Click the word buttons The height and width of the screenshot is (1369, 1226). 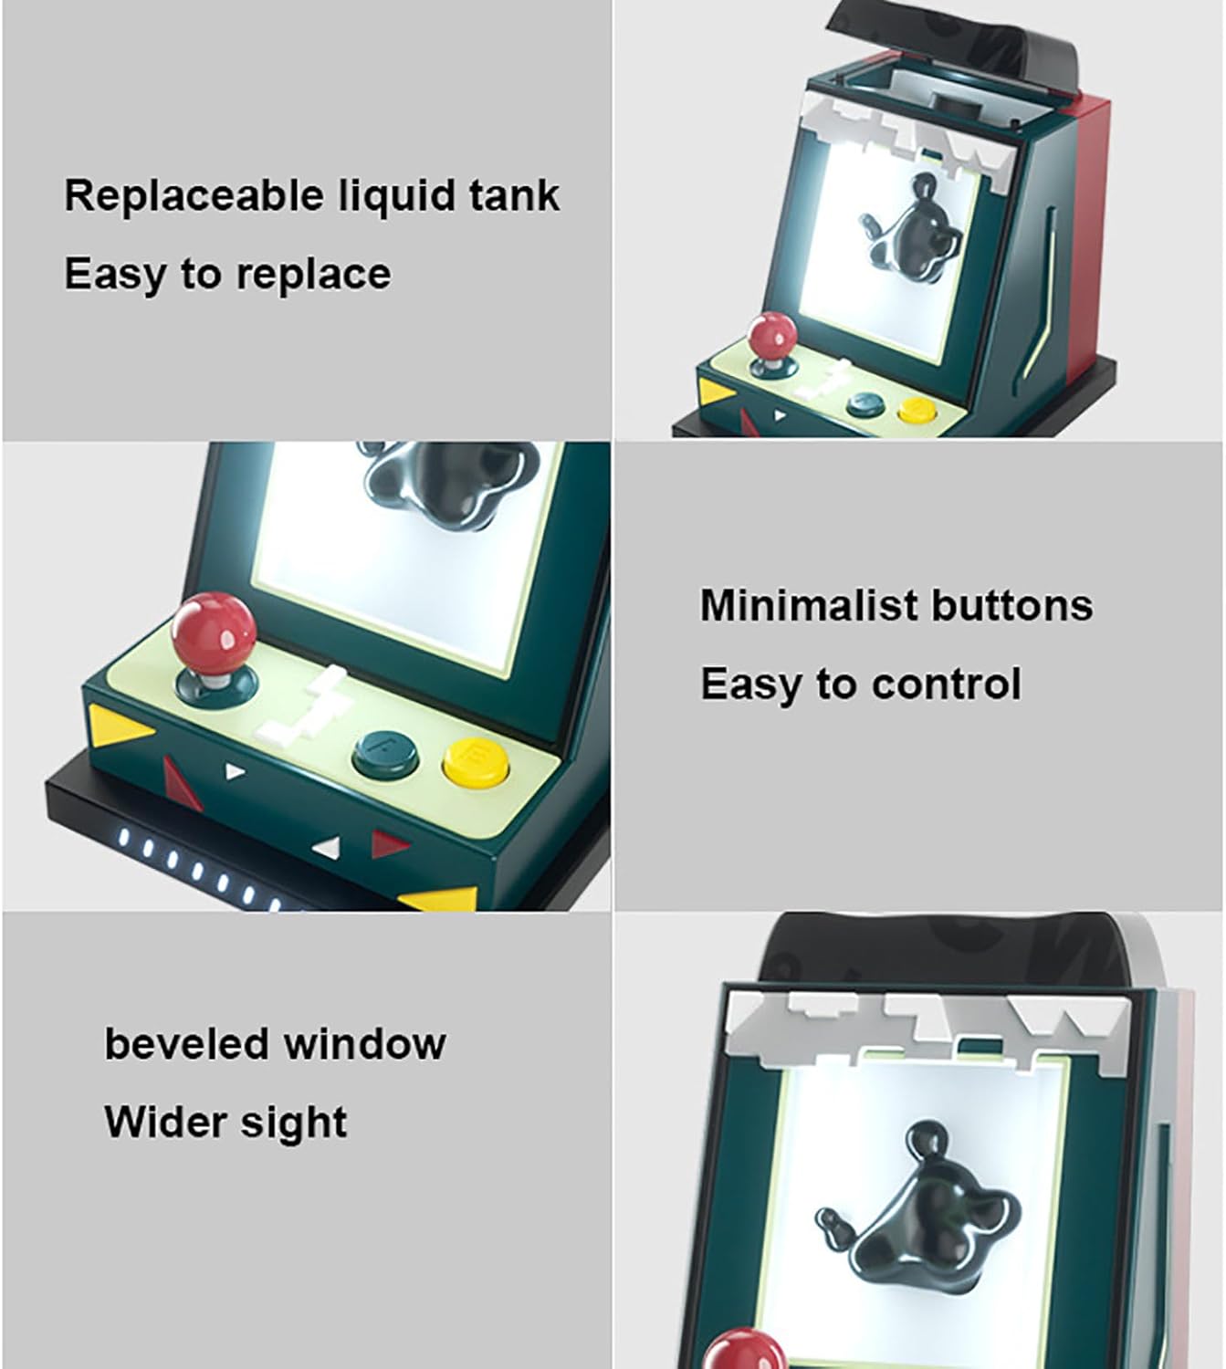pos(1011,605)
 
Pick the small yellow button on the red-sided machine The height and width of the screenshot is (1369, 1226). pos(914,410)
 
